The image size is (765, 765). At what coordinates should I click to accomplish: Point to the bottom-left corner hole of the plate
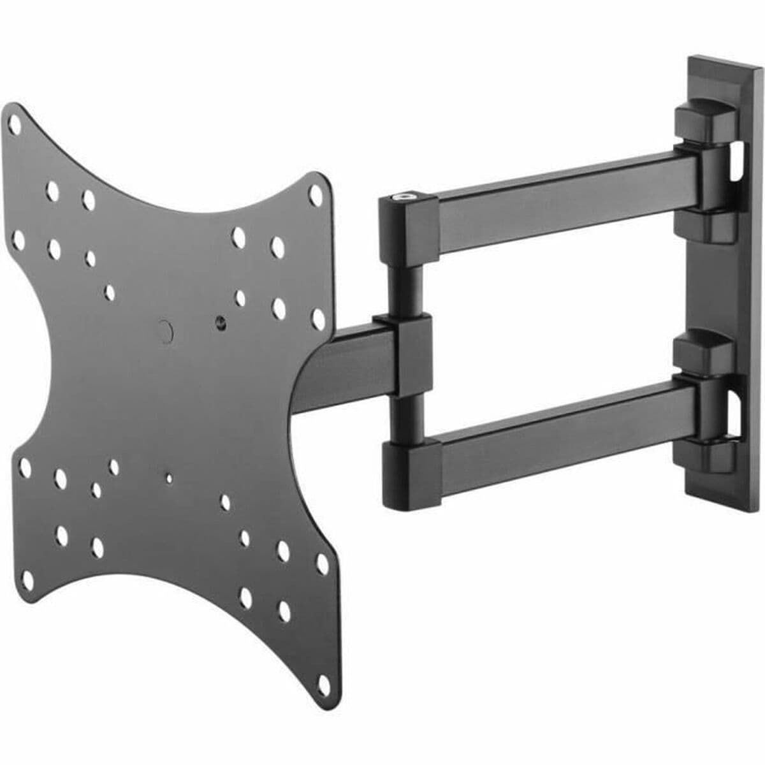[27, 579]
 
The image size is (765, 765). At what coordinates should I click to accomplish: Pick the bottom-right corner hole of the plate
[324, 686]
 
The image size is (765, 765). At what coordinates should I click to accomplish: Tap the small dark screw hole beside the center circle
[221, 321]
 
